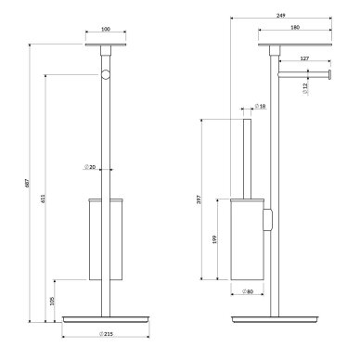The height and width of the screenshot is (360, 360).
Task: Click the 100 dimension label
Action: (x=106, y=29)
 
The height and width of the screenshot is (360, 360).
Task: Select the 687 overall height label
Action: (x=27, y=183)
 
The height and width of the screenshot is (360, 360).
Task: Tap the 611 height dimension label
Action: (x=43, y=199)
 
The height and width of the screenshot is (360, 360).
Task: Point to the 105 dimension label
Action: (x=52, y=301)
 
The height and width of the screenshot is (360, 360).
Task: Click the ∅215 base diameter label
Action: (x=106, y=334)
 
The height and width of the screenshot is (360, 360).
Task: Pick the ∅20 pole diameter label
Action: (x=89, y=167)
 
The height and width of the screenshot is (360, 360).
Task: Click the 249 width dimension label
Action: (x=281, y=16)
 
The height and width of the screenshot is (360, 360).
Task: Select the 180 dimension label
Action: (x=295, y=28)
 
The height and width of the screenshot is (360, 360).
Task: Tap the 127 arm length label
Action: (x=304, y=58)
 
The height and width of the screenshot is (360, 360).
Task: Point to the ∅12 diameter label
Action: (x=305, y=88)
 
